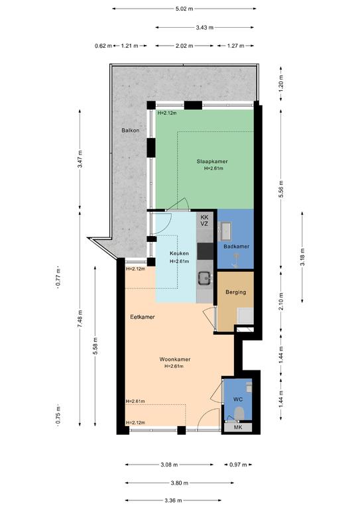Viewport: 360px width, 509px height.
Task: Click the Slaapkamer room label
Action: coord(212,161)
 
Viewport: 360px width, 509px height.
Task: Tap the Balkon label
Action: coord(131,131)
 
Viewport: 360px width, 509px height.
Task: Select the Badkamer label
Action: coord(236,247)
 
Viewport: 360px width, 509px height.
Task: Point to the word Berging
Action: coord(235,292)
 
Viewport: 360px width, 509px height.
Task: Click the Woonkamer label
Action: coord(174,359)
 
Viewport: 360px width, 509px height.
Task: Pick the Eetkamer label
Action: coord(142,317)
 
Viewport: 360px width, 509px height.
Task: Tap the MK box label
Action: coord(238,427)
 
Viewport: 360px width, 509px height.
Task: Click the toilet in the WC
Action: coord(239,414)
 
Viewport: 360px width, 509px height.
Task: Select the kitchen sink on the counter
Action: coord(205,278)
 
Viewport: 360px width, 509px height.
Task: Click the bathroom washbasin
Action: coord(225,227)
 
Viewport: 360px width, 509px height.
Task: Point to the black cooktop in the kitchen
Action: coord(205,251)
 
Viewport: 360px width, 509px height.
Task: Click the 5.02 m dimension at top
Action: coord(184,9)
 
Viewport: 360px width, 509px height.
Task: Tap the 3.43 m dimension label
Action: coord(204,28)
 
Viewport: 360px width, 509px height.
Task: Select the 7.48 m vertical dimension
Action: coord(80,319)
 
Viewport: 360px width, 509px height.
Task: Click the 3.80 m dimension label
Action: coord(180,483)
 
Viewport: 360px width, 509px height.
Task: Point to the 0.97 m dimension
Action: coord(238,465)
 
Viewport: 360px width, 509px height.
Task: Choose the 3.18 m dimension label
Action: coord(302,257)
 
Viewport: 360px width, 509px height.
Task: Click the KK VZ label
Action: coord(204,221)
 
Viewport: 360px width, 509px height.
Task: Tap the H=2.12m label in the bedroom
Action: coord(167,113)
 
